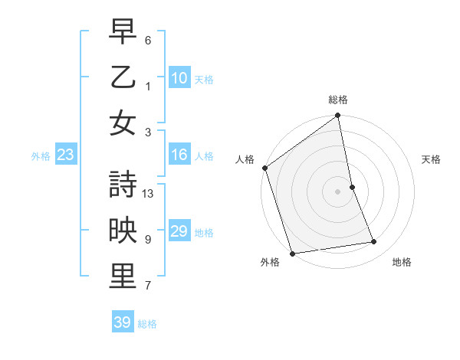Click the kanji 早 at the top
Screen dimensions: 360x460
click(x=123, y=32)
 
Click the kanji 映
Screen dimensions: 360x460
click(x=123, y=231)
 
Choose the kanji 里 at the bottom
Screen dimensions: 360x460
click(x=123, y=277)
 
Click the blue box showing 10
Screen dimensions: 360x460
click(x=179, y=77)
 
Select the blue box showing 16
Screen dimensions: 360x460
click(x=179, y=155)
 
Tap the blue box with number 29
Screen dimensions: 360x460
click(x=179, y=231)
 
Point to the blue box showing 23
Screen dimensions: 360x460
click(x=66, y=155)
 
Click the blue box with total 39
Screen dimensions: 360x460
click(x=123, y=322)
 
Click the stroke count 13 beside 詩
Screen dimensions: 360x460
click(x=149, y=194)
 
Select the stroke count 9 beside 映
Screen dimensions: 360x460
click(x=147, y=239)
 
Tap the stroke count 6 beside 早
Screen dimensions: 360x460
click(x=147, y=40)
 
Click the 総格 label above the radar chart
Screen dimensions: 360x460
click(x=337, y=100)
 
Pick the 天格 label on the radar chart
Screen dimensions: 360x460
click(x=431, y=159)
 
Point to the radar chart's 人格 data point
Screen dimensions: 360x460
click(x=264, y=168)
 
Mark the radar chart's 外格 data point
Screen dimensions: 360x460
click(x=293, y=254)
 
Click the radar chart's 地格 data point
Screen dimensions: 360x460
click(x=374, y=242)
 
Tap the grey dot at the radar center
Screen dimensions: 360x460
click(x=337, y=191)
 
